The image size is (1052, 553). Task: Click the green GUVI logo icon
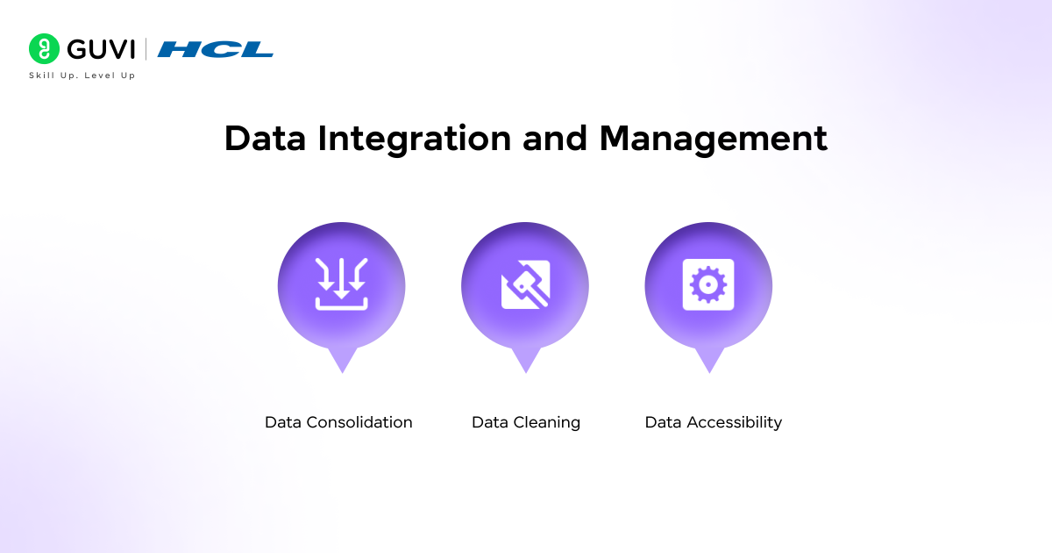coord(43,49)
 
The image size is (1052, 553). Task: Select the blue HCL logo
coord(215,49)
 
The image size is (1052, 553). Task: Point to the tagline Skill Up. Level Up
coord(82,75)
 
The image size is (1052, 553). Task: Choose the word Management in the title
coord(713,140)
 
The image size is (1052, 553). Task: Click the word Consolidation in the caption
coord(359,422)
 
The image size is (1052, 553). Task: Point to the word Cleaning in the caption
coord(548,422)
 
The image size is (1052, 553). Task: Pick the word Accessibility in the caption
coord(735,422)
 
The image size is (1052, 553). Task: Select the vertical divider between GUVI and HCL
coord(146,49)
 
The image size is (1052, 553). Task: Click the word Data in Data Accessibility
coord(664,422)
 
